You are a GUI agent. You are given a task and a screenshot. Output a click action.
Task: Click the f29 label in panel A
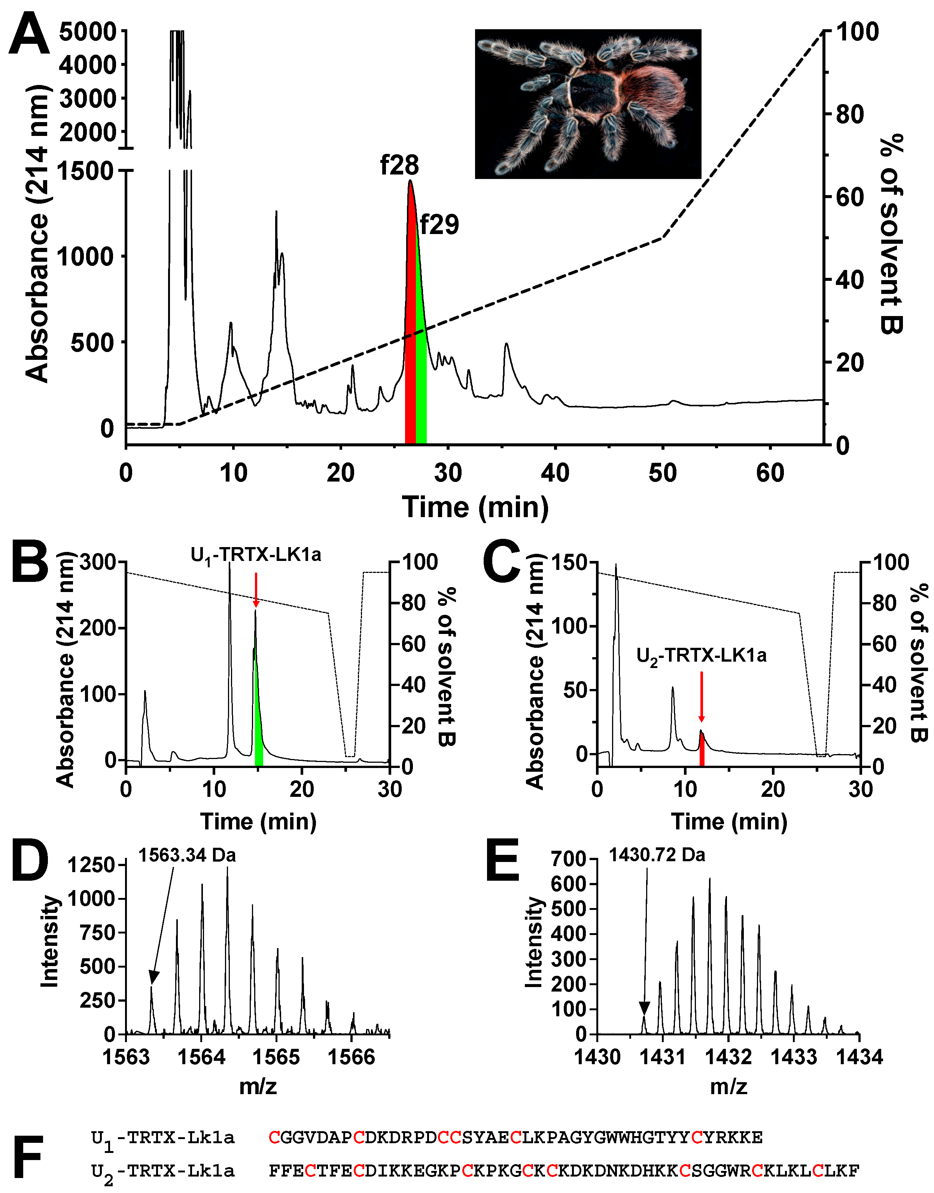tap(439, 225)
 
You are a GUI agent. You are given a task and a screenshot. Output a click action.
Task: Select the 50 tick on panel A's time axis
tap(662, 473)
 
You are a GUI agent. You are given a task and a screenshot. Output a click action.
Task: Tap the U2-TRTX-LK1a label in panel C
tap(701, 655)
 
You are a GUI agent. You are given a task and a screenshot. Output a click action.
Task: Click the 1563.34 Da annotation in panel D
tap(187, 855)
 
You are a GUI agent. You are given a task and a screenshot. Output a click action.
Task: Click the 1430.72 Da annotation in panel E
tap(657, 854)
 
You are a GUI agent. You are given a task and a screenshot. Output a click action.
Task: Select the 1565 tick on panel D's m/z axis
tap(276, 1057)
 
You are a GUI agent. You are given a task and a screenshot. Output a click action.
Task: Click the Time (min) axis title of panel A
tap(475, 507)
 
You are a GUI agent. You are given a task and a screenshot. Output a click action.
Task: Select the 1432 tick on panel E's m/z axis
tap(728, 1057)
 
